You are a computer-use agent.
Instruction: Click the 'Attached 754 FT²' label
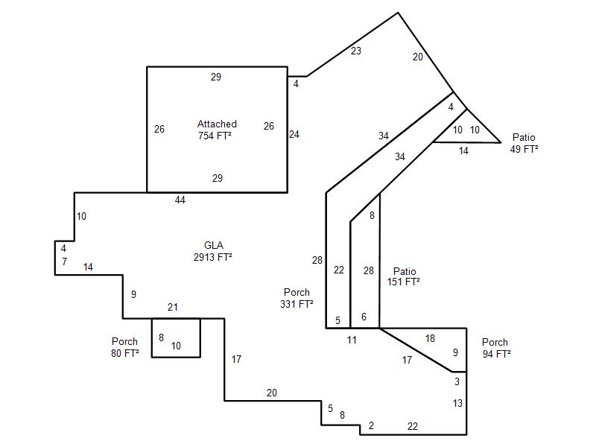tap(217, 130)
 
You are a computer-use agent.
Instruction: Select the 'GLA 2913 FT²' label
tap(213, 251)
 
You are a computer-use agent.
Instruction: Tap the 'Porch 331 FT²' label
tap(297, 298)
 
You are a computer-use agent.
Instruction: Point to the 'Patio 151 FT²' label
tap(404, 276)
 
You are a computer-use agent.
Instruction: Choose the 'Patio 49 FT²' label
tap(524, 143)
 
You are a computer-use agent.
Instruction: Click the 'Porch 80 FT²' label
tap(124, 347)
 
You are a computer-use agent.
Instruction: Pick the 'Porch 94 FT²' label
tap(496, 348)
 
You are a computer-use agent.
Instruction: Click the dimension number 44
tap(180, 200)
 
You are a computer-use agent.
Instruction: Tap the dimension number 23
tap(356, 51)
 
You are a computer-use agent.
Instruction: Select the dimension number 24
tap(294, 134)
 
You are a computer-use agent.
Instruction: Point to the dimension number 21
tap(173, 307)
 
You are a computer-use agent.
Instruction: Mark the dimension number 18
tap(430, 338)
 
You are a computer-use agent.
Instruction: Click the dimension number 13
tap(457, 403)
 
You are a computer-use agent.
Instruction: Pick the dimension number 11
tap(352, 340)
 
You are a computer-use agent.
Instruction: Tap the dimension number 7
tap(64, 261)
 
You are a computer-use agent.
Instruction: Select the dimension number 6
tap(364, 317)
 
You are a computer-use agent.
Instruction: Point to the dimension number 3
tap(457, 381)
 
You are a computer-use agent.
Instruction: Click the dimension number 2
tap(371, 425)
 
